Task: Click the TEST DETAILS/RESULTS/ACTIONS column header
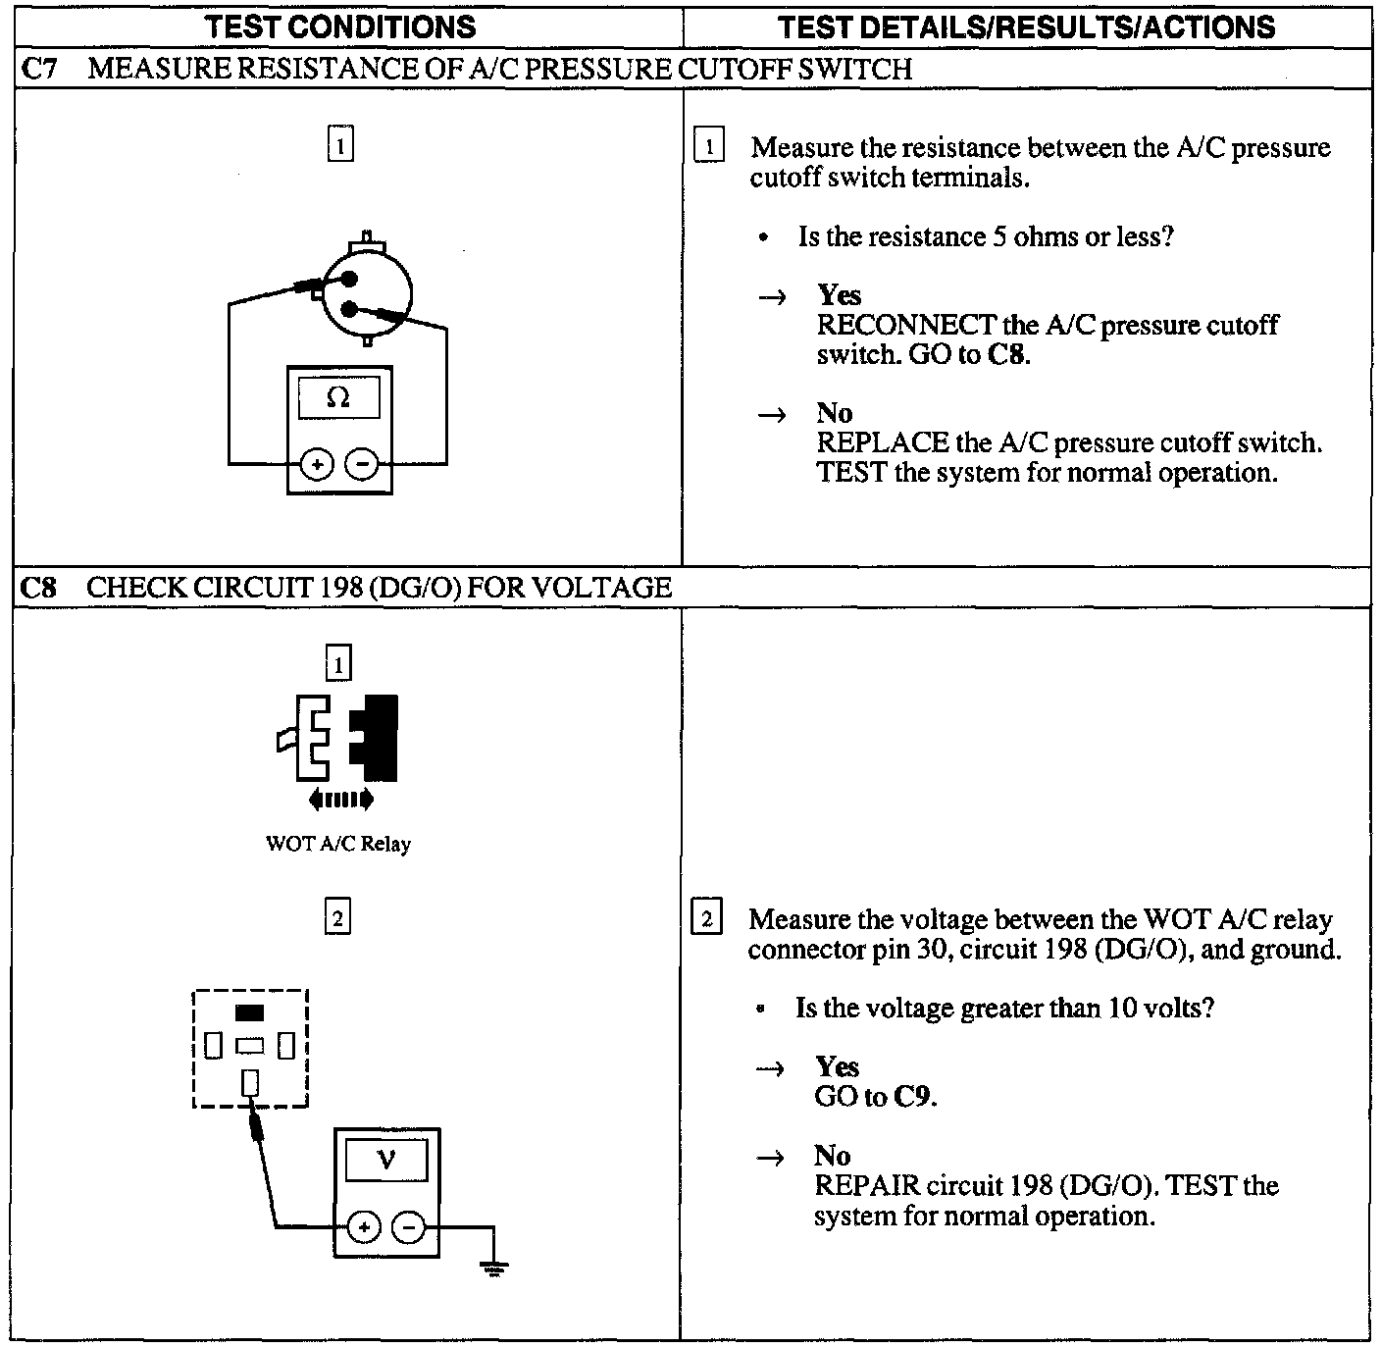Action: coord(1026,26)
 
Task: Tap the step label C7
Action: coord(38,70)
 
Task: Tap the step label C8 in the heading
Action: coord(38,588)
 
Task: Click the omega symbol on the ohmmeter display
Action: coord(338,397)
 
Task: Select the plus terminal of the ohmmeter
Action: coord(316,463)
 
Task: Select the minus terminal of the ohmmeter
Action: coord(362,463)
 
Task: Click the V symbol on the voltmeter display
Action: coord(386,1160)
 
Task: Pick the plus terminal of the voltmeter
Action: coord(363,1227)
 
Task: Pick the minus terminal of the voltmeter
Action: coord(409,1227)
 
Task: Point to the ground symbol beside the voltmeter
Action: coord(494,1270)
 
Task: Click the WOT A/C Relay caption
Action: coord(338,844)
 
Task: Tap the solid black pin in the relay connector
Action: coord(250,1012)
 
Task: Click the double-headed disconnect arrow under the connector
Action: coord(340,800)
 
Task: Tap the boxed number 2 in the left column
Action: coord(337,919)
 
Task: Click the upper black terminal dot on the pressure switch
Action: coord(347,279)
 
